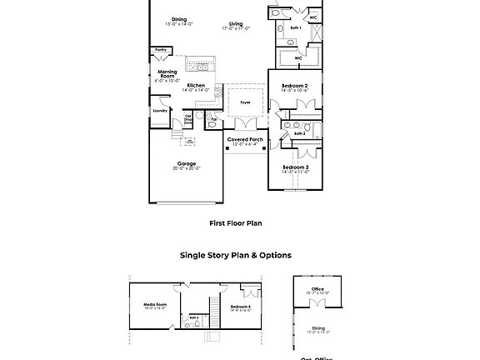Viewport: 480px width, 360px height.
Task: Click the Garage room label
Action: tap(186, 163)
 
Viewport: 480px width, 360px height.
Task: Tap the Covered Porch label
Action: tap(245, 139)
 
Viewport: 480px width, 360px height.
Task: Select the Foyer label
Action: tap(245, 102)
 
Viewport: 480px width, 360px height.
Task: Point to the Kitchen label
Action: tap(196, 85)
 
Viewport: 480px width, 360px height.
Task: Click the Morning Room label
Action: tap(167, 73)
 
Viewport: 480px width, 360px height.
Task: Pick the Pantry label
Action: tap(161, 50)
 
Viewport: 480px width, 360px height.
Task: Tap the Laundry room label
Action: tap(159, 110)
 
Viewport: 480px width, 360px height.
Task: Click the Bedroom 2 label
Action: tap(295, 87)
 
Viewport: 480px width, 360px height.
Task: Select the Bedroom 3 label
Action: tap(295, 167)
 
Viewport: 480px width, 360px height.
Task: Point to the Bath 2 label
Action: tap(299, 133)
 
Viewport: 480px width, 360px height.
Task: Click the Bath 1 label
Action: tap(295, 28)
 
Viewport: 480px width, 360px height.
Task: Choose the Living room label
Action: tap(236, 24)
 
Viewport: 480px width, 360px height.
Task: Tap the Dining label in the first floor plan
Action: tap(179, 19)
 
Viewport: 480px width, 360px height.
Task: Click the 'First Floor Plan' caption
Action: tap(236, 223)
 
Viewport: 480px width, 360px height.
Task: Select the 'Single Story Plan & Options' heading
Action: tap(236, 256)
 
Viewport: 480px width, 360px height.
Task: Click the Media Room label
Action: tap(155, 304)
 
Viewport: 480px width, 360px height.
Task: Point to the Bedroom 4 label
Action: tap(240, 307)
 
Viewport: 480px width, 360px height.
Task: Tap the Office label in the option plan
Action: tap(318, 290)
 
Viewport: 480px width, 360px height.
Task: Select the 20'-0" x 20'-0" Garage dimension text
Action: tap(186, 168)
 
